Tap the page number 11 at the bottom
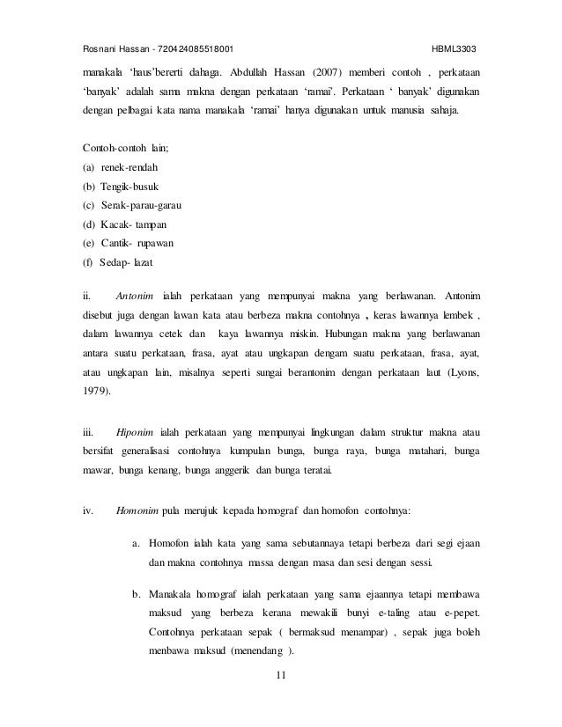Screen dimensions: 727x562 click(281, 675)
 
